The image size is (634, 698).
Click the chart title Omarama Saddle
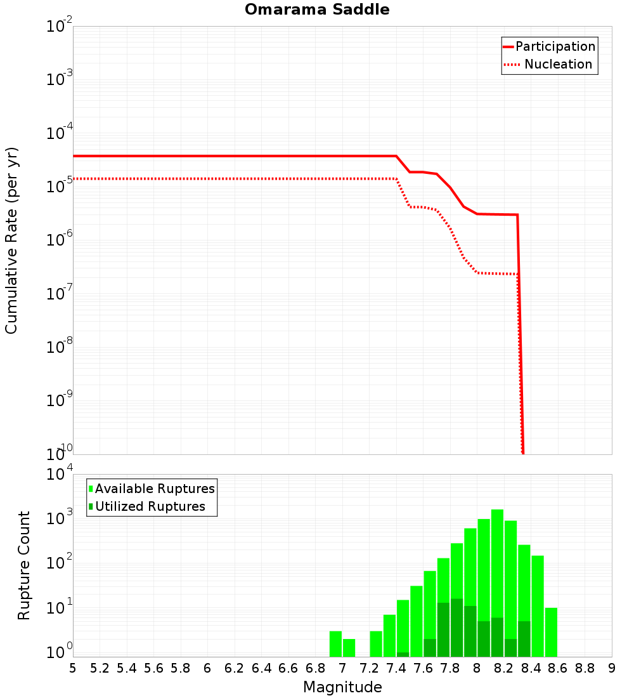[x=317, y=10]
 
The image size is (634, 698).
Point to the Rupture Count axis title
[x=24, y=565]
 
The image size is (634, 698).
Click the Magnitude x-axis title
[x=342, y=687]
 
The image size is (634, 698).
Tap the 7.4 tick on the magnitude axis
[x=396, y=668]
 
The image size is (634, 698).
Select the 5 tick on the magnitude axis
[x=73, y=668]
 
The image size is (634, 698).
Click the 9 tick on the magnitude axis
[x=612, y=668]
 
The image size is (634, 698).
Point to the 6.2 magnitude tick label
[x=235, y=668]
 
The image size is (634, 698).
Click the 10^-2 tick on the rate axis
[x=58, y=27]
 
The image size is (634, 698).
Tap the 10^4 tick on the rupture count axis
[x=58, y=475]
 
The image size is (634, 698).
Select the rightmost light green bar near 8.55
[x=551, y=632]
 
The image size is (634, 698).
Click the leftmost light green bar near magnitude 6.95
[x=335, y=643]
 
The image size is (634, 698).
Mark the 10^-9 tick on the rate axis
[x=58, y=401]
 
